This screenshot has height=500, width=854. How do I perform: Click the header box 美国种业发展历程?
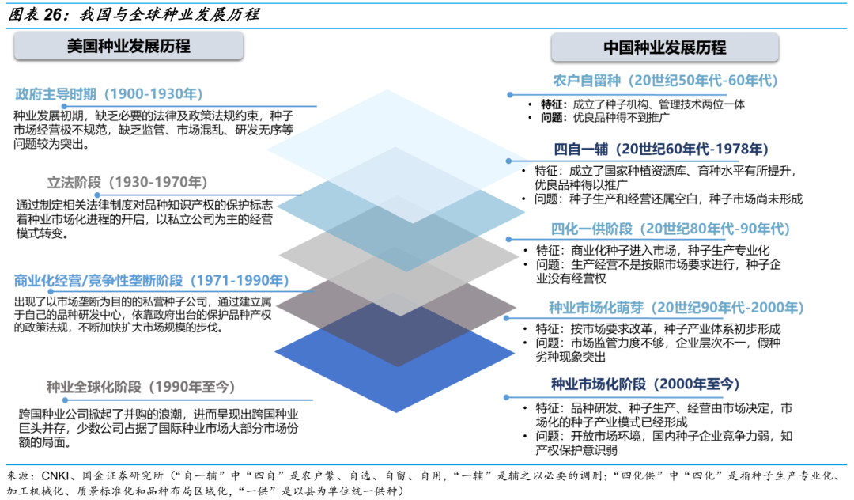click(x=129, y=46)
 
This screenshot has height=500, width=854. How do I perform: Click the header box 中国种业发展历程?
click(x=664, y=47)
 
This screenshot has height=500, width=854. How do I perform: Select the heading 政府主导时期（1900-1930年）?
click(x=109, y=94)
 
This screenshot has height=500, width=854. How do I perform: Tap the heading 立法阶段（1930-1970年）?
click(x=127, y=182)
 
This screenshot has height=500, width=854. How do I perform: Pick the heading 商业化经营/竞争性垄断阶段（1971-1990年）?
click(x=151, y=281)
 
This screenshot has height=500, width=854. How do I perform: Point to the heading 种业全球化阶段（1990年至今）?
click(x=141, y=387)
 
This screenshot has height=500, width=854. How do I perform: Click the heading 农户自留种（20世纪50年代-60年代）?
click(x=665, y=81)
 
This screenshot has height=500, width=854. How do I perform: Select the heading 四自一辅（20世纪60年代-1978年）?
click(x=661, y=150)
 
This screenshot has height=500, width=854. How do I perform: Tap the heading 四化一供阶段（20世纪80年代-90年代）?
click(x=670, y=229)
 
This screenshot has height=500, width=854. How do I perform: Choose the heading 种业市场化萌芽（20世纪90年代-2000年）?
click(x=676, y=308)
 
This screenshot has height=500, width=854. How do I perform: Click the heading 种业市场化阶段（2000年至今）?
click(x=645, y=384)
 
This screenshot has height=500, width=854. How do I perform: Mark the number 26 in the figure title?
click(x=54, y=15)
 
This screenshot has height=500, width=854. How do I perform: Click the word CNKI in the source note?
click(x=55, y=475)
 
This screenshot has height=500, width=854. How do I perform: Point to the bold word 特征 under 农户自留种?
click(x=552, y=104)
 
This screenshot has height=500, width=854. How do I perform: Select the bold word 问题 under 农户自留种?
click(x=552, y=118)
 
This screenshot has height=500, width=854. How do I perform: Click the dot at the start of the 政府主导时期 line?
click(x=64, y=107)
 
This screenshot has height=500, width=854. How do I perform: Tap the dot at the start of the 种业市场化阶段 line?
click(x=507, y=398)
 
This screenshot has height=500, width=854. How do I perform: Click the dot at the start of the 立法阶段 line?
click(x=97, y=195)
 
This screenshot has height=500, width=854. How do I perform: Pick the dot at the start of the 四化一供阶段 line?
click(x=508, y=240)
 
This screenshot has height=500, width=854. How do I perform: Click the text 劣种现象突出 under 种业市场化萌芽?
click(x=571, y=358)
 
